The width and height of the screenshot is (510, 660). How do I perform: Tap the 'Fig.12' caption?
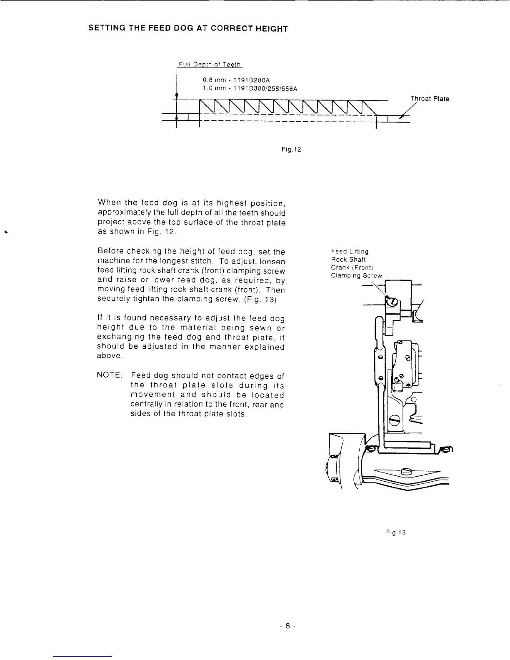coord(291,149)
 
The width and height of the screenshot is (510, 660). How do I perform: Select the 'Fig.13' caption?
coord(396,532)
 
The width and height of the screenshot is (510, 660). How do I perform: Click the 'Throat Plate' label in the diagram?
coord(430,99)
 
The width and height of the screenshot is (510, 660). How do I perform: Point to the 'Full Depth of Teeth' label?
coord(210,64)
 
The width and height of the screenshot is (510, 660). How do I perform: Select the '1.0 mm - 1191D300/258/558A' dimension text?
coord(250,89)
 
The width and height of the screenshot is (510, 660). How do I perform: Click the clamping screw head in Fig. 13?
coord(391,302)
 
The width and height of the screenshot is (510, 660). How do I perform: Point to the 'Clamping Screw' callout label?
coord(356,275)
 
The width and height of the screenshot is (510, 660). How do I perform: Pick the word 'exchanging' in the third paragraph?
coord(120,337)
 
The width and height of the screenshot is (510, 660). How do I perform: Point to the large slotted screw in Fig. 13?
coord(395,421)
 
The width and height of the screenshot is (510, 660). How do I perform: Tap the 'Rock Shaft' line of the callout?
coord(348,260)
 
